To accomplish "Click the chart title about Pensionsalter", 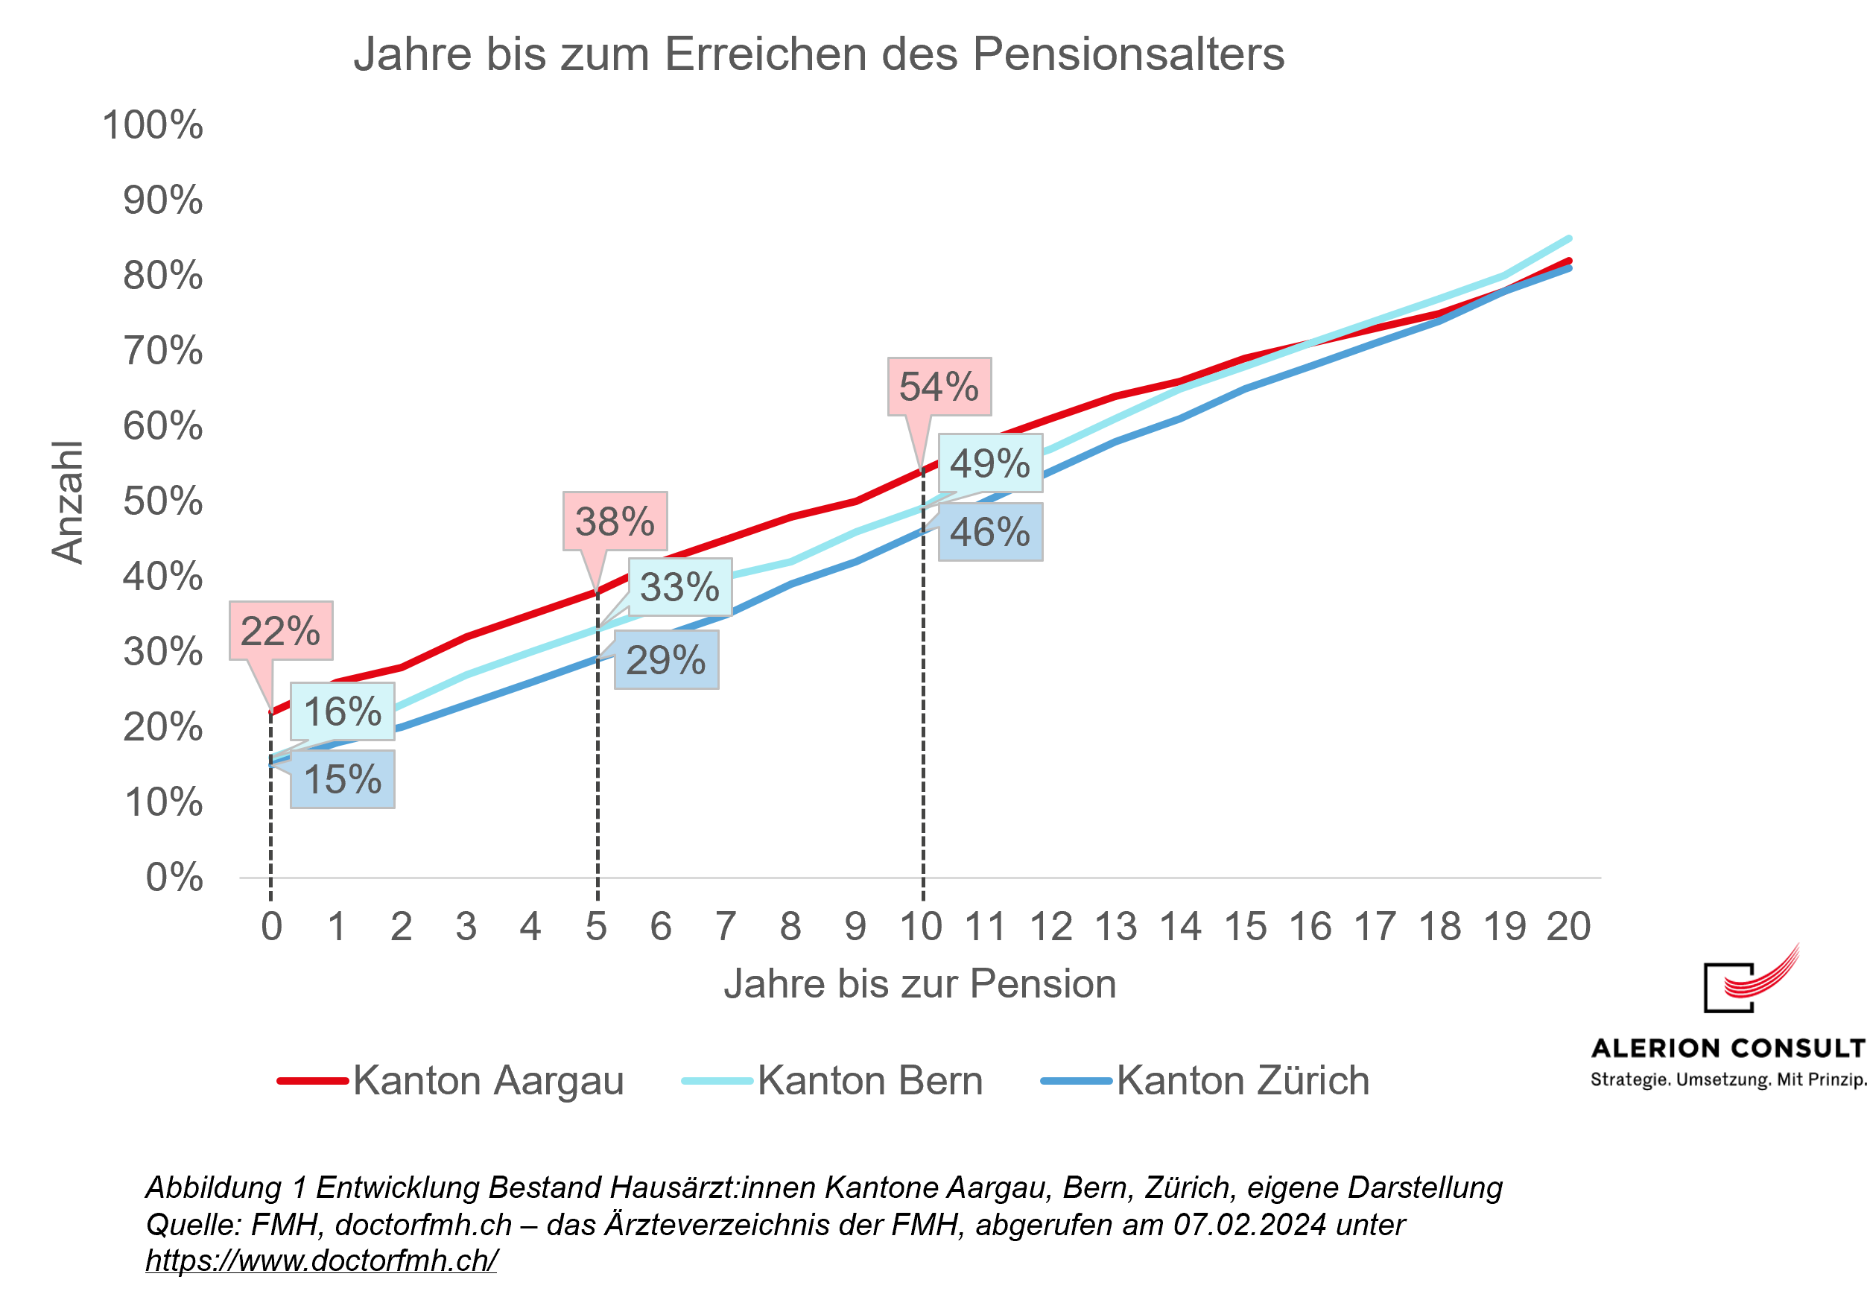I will (818, 55).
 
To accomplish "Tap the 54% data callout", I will (939, 387).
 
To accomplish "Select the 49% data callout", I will (989, 464).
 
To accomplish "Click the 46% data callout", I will (989, 533).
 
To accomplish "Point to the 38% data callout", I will (615, 521).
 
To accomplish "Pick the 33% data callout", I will (679, 588).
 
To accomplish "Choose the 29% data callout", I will (665, 661).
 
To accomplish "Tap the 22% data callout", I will (280, 632).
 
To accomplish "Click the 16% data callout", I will (342, 712).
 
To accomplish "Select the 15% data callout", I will (342, 779).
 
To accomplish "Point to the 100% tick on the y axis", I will (153, 125).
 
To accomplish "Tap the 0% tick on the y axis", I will (174, 878).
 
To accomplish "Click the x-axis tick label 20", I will (1568, 927).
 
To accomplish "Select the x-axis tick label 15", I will (1245, 927).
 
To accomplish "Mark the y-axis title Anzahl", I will (68, 502).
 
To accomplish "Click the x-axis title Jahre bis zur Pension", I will (919, 984).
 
